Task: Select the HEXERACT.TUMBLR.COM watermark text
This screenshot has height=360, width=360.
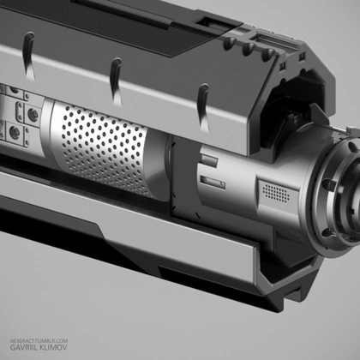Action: pos(39,341)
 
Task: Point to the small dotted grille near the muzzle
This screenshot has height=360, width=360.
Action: pos(276,193)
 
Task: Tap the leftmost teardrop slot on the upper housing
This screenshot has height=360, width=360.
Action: pos(28,56)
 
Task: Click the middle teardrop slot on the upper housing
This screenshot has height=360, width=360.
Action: pos(116,81)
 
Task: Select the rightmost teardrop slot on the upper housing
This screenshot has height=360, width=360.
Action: pos(204,108)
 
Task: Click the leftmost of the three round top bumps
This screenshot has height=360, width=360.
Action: pos(230,44)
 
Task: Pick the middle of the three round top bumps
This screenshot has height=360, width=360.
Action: pos(249,49)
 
